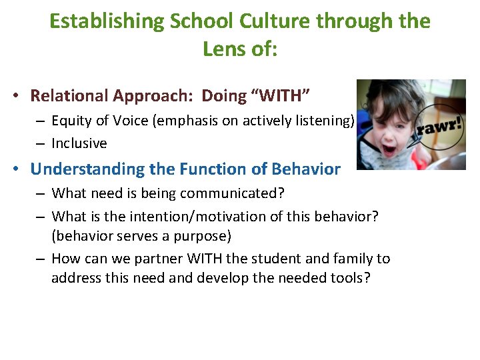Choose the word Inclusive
[79, 143]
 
